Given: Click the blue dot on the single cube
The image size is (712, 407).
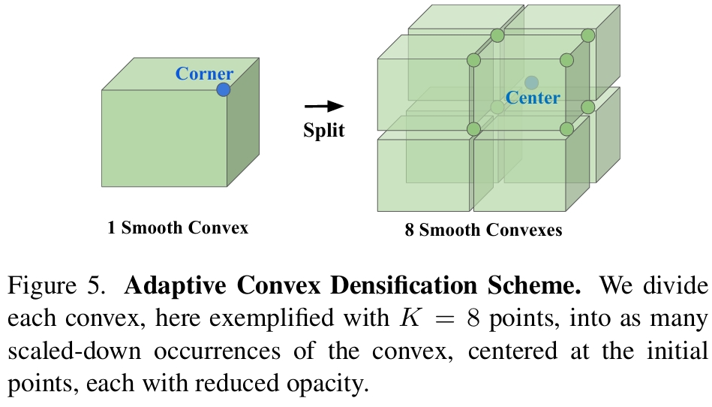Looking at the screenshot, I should (223, 89).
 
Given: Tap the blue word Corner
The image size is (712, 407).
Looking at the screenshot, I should (204, 74).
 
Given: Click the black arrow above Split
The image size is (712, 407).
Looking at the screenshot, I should (323, 107).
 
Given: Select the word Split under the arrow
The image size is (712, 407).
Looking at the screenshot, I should (323, 130).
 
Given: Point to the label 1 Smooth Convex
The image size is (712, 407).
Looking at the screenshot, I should (177, 228).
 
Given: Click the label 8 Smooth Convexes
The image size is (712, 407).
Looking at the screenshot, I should (483, 230).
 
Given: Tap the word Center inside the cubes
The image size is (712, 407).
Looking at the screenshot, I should (533, 98).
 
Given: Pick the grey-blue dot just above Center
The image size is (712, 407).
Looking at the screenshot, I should (531, 82).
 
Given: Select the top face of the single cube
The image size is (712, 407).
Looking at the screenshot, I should (180, 74).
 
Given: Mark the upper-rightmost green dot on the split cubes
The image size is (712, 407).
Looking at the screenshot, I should (588, 35).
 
